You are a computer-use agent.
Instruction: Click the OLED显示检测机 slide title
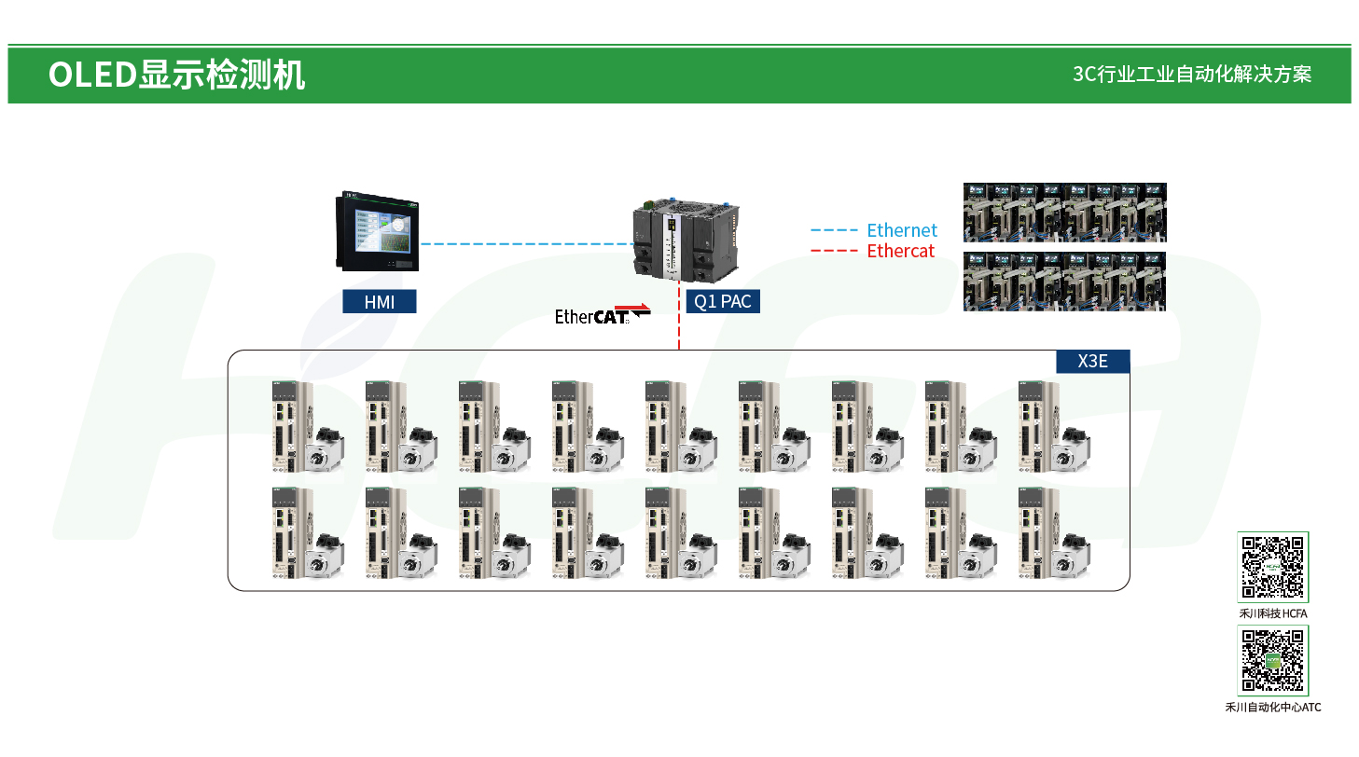pos(176,75)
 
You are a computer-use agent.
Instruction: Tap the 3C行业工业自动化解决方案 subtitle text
pos(1192,75)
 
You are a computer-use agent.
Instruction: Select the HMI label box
pos(379,301)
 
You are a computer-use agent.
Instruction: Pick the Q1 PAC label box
pos(723,301)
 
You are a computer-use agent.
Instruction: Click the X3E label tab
pos(1092,361)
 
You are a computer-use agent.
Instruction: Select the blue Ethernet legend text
pos(901,230)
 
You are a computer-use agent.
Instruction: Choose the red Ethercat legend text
pos(900,251)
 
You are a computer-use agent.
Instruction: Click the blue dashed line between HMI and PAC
pos(526,244)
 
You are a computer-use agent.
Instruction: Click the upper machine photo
pos(1064,212)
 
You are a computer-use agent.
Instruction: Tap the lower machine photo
pos(1064,281)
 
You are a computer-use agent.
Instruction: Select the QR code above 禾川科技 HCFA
pos(1273,567)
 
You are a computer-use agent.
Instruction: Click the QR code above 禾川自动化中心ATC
pos(1273,660)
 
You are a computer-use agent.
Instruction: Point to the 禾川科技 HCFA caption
pos(1273,613)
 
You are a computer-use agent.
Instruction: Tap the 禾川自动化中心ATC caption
pos(1273,707)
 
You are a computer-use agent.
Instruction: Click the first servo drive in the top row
pos(284,426)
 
